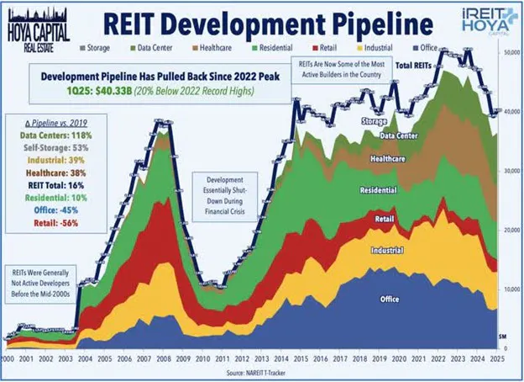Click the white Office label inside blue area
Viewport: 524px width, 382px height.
[x=389, y=300]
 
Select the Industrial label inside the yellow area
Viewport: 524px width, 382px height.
[x=385, y=251]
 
